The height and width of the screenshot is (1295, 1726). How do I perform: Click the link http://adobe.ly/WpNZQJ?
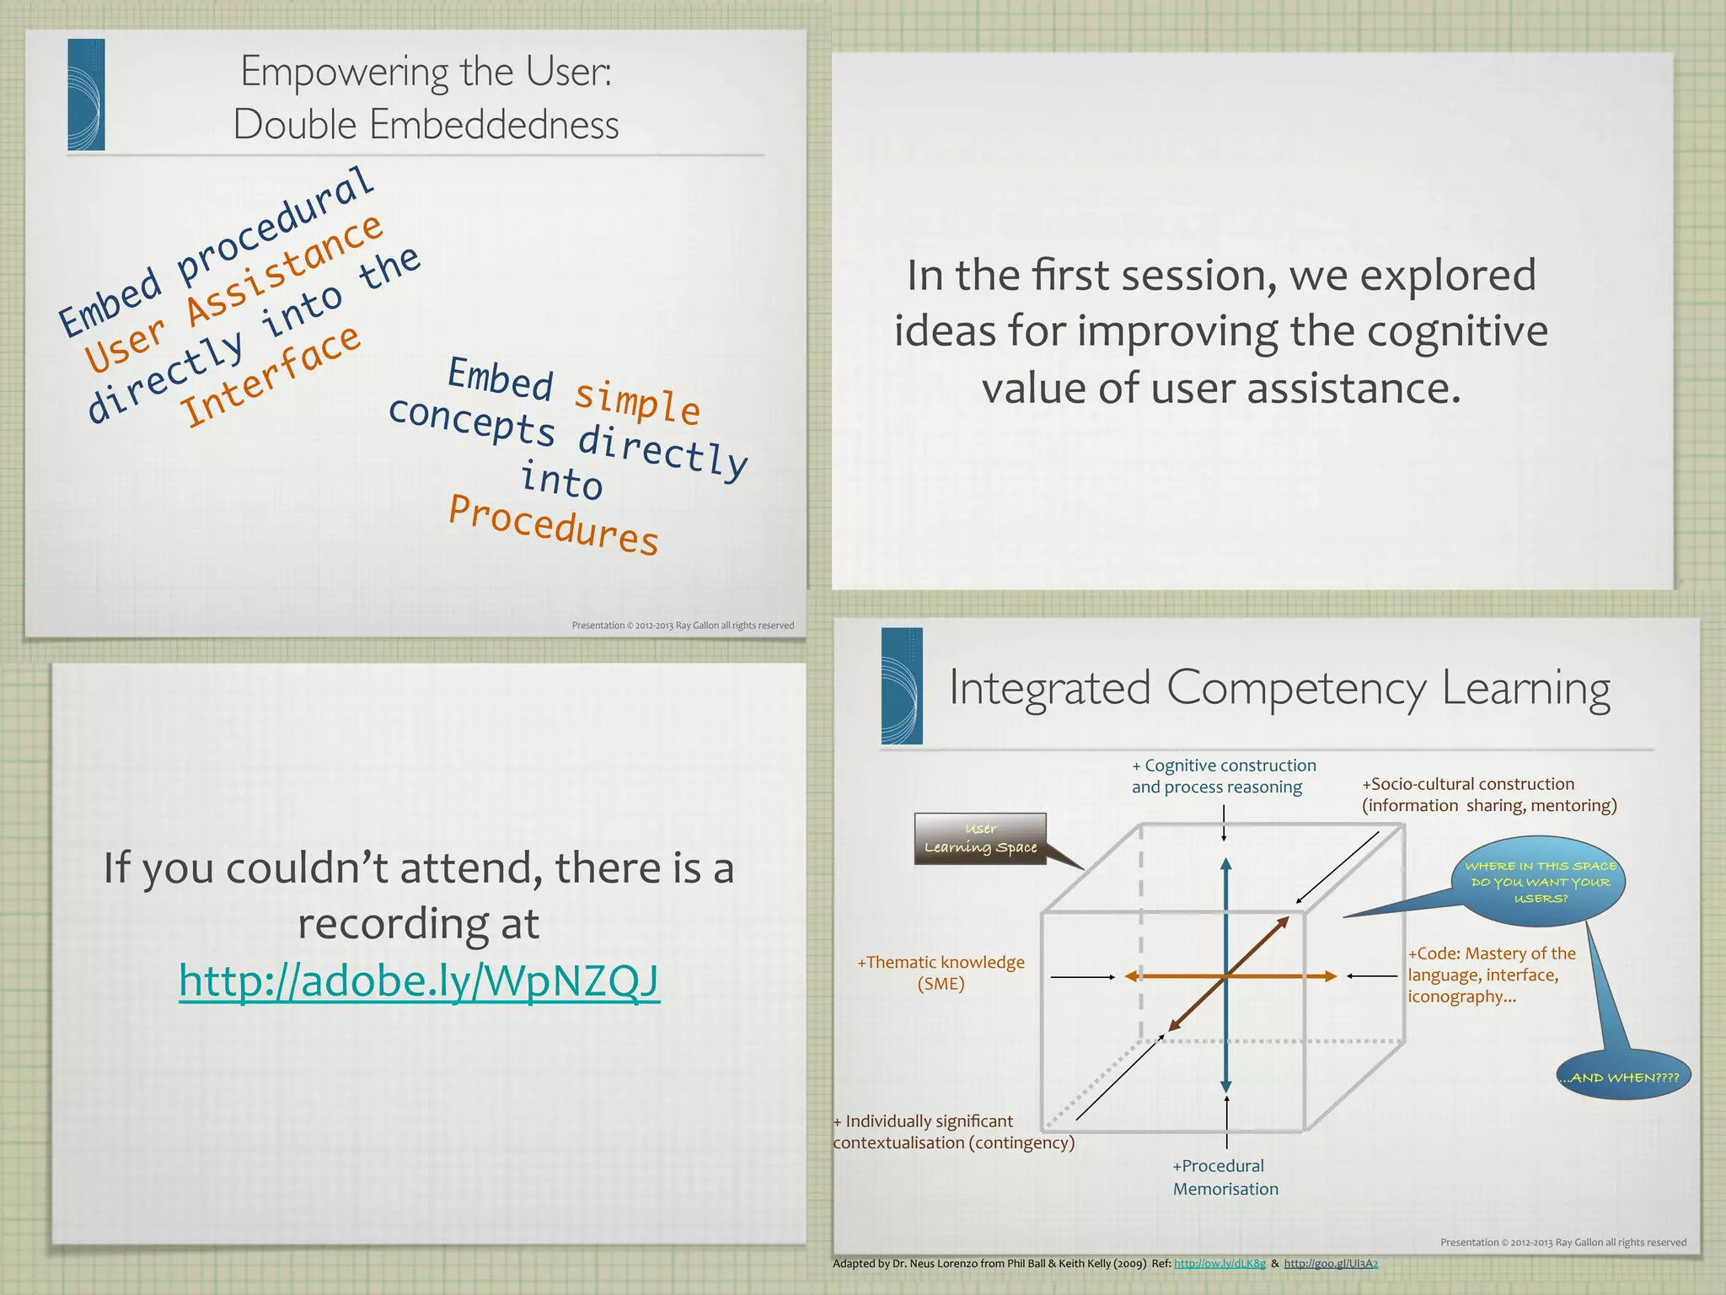(419, 981)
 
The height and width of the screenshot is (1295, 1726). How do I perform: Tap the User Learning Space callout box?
(980, 839)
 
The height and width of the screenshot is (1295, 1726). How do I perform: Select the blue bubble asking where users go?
(1540, 882)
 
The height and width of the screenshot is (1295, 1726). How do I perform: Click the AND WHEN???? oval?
(1623, 1077)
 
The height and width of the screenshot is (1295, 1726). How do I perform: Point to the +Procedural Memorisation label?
(1225, 1177)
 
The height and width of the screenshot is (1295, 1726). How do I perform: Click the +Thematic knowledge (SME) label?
(941, 972)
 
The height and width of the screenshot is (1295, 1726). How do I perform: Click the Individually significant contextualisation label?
(953, 1131)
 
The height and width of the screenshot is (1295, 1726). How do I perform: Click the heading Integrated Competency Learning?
(1279, 688)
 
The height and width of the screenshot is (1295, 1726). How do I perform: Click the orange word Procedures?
(553, 525)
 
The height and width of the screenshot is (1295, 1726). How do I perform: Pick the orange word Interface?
(271, 377)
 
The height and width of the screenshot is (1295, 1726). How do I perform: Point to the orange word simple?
(637, 402)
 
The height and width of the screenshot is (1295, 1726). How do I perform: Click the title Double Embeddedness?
(426, 125)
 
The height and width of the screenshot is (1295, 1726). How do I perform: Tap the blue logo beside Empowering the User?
(86, 94)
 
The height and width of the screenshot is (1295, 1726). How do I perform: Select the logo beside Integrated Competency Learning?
(901, 685)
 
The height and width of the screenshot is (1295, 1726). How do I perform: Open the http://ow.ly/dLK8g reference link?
(1219, 1263)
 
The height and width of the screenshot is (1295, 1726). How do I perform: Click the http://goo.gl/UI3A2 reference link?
(1331, 1263)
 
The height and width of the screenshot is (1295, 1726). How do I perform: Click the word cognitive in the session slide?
(1457, 330)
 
